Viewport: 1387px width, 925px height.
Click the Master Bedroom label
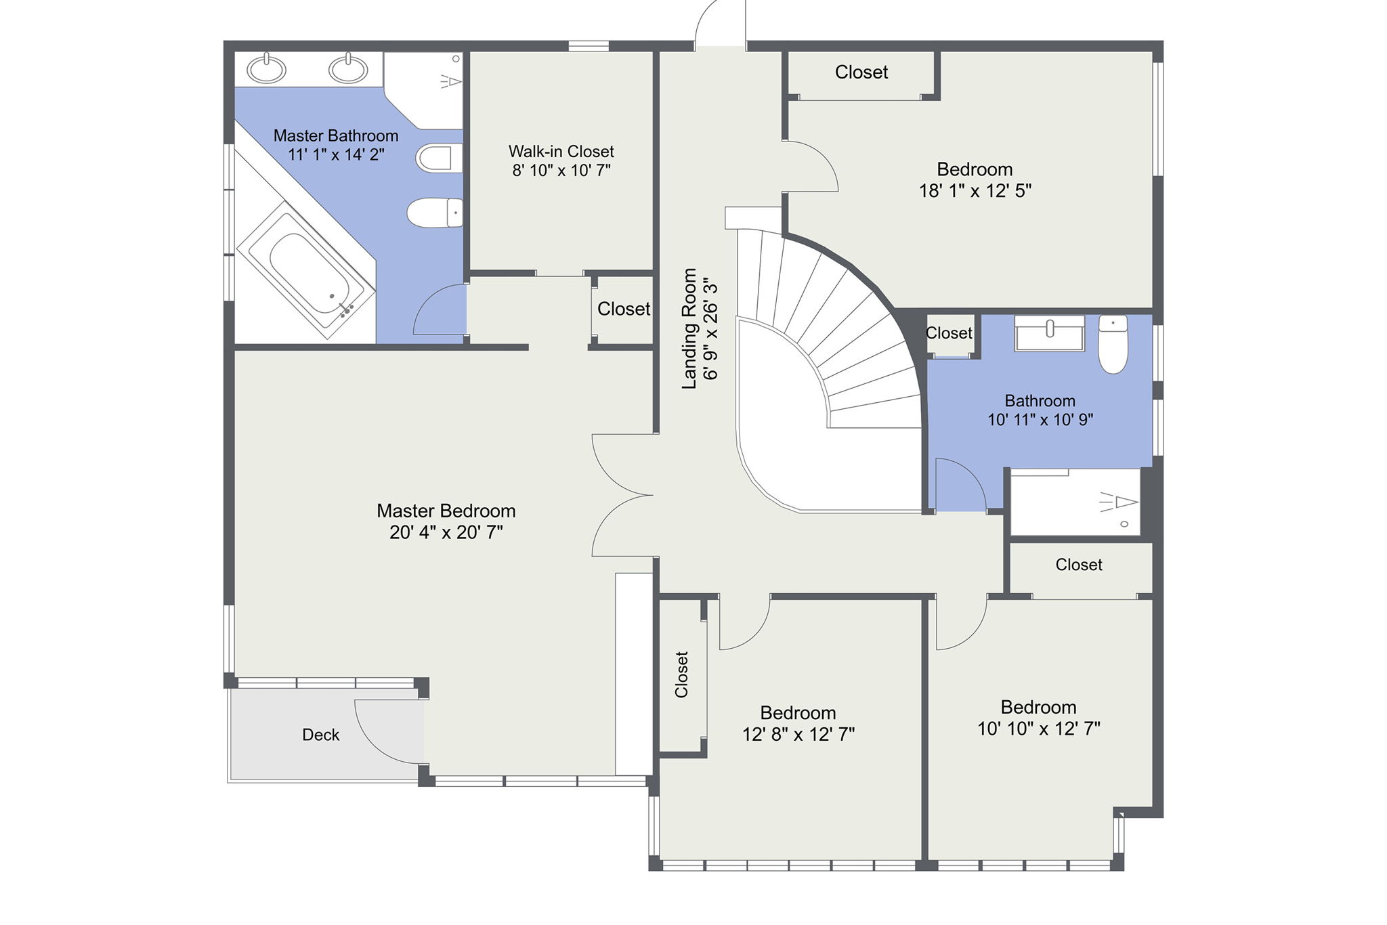pos(446,511)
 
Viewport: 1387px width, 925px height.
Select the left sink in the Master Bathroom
pos(266,69)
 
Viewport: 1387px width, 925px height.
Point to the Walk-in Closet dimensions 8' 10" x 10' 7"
pos(561,171)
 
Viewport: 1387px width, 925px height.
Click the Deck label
pos(320,735)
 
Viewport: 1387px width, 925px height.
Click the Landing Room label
pos(689,328)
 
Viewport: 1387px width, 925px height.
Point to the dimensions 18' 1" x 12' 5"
pos(975,191)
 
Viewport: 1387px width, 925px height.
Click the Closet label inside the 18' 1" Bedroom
pos(861,72)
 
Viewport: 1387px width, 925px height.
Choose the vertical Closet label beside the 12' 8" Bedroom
pos(681,674)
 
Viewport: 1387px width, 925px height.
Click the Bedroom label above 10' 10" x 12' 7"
pos(1038,708)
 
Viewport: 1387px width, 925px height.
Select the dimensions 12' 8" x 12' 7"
pos(798,735)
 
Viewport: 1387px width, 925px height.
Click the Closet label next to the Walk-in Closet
pos(623,309)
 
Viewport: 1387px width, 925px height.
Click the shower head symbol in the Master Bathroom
pos(450,82)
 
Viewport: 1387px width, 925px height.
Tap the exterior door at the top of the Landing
pos(719,24)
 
